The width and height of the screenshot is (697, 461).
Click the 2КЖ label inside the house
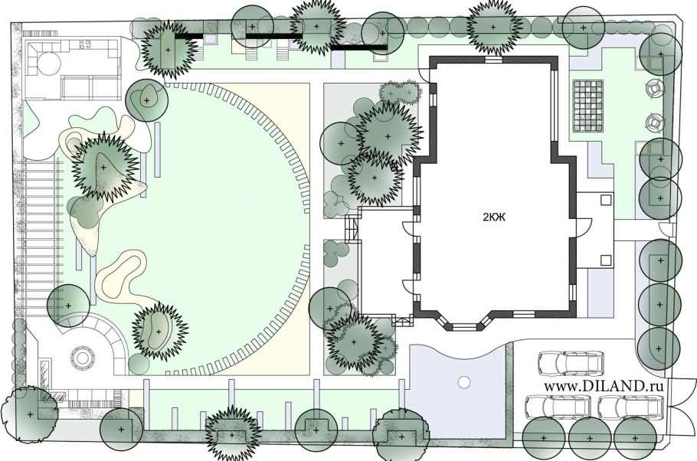[494, 217]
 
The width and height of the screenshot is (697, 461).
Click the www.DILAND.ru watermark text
[604, 386]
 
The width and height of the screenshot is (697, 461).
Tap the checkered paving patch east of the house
[587, 106]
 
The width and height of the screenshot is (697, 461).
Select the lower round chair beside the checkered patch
[653, 122]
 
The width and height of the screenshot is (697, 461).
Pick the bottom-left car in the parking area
[558, 407]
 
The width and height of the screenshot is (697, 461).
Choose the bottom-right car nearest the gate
[631, 407]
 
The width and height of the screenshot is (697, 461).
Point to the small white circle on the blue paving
[463, 382]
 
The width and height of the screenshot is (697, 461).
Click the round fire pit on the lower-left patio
[82, 357]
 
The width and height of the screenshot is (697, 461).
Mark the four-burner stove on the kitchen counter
[85, 44]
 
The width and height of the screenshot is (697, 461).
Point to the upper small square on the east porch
[605, 200]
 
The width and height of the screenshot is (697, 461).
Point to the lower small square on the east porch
[605, 260]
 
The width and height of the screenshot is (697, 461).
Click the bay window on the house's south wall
[464, 323]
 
